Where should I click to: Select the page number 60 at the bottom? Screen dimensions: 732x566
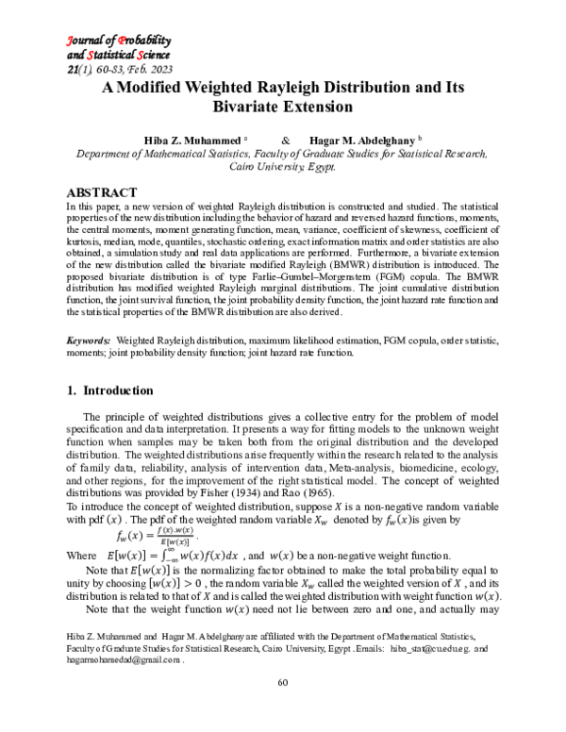tap(282, 709)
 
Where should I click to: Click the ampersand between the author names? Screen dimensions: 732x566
tap(285, 138)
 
